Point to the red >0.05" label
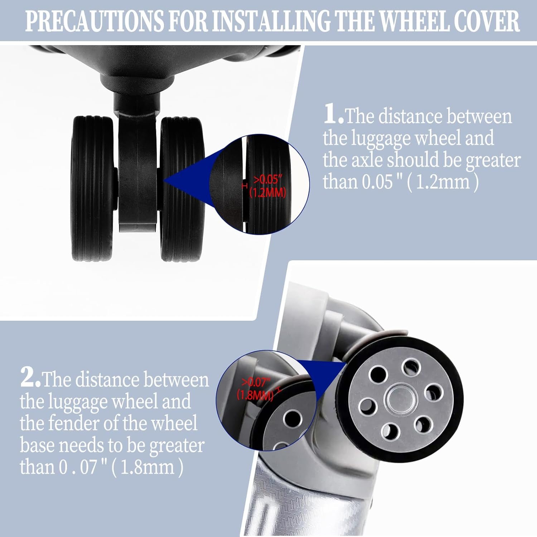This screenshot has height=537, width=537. pyautogui.click(x=266, y=179)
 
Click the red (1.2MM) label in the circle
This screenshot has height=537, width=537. pyautogui.click(x=268, y=193)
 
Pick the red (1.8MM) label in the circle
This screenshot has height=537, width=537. pyautogui.click(x=255, y=395)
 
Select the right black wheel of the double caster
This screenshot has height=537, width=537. pyautogui.click(x=182, y=189)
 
